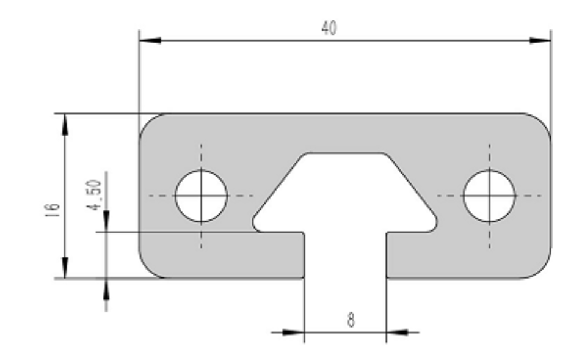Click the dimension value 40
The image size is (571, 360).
pyautogui.click(x=329, y=28)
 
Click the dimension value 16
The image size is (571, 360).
pyautogui.click(x=52, y=210)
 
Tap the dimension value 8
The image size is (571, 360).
pyautogui.click(x=351, y=320)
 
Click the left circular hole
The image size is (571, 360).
pyautogui.click(x=202, y=196)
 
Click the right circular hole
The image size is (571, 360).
pyautogui.click(x=489, y=196)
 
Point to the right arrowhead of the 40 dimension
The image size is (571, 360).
pyautogui.click(x=540, y=40)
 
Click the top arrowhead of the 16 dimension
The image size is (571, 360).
pyautogui.click(x=65, y=125)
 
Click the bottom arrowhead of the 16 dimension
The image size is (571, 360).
pyautogui.click(x=65, y=268)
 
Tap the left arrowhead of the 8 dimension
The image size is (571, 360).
pyautogui.click(x=293, y=332)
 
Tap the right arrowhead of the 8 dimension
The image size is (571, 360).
pyautogui.click(x=398, y=332)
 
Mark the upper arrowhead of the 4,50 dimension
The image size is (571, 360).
pyautogui.click(x=106, y=221)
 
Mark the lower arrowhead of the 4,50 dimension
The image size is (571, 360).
pyautogui.click(x=106, y=289)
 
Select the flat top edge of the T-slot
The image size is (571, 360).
pyautogui.click(x=344, y=153)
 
